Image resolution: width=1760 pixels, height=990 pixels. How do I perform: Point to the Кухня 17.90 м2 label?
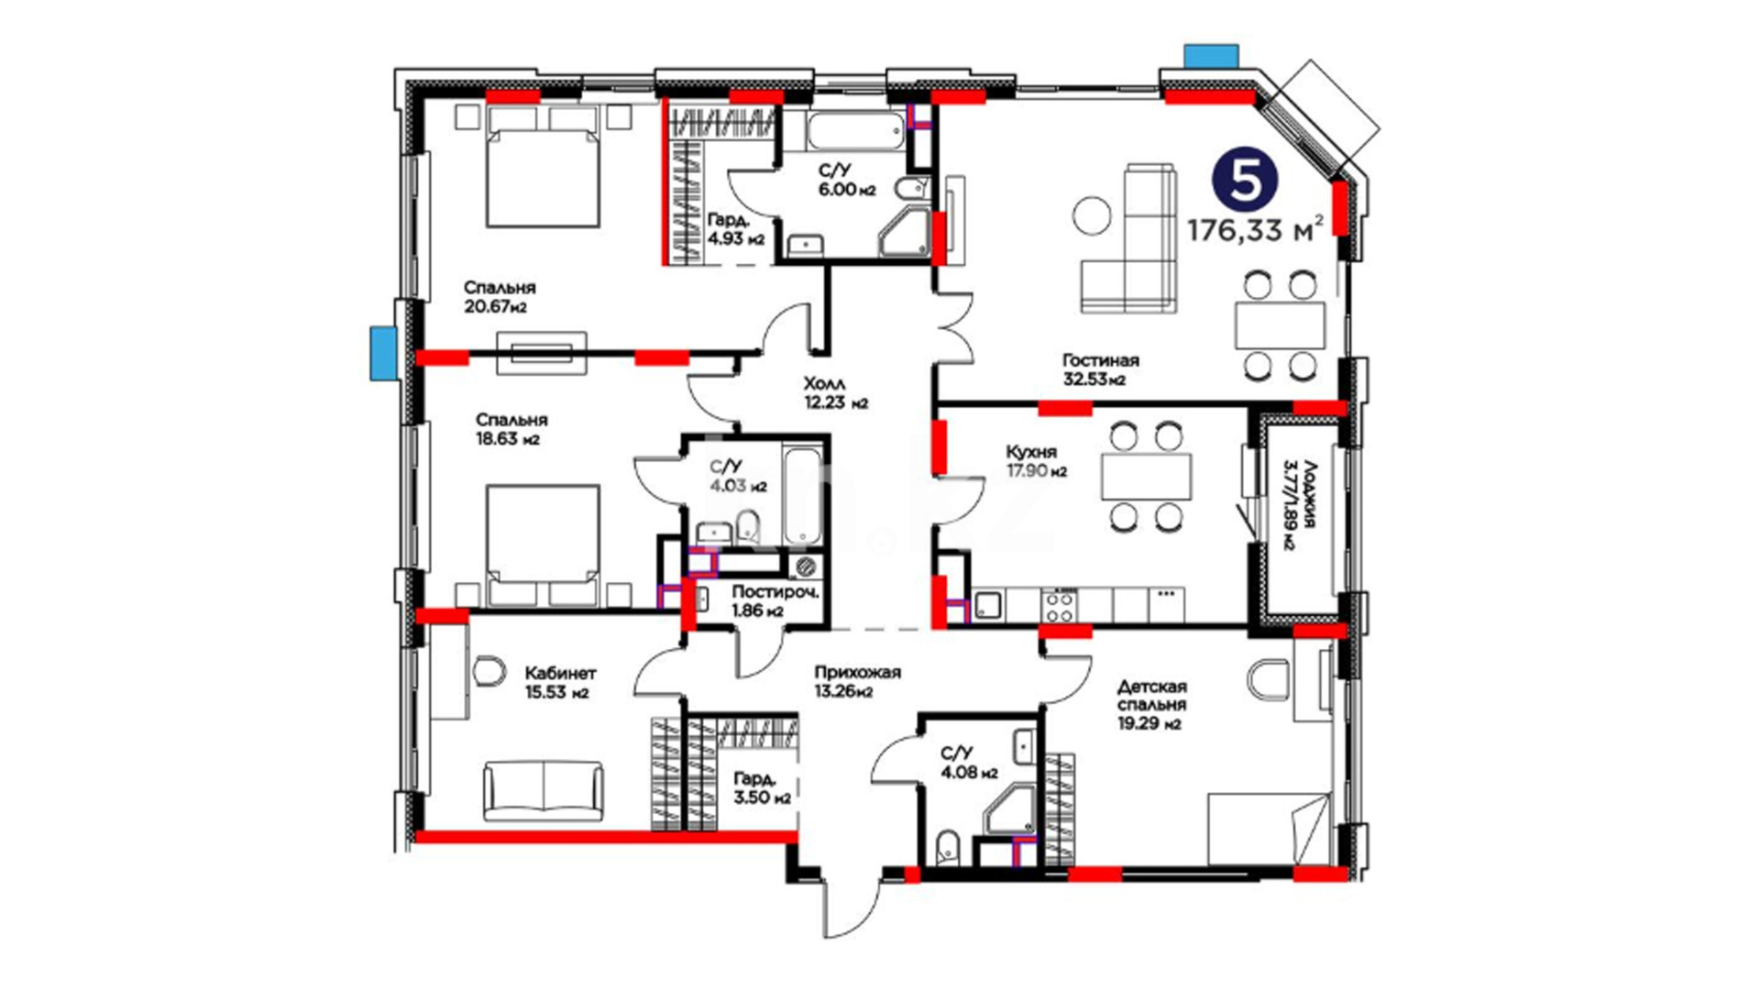click(1036, 461)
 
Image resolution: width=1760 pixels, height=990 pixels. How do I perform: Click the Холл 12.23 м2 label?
click(835, 392)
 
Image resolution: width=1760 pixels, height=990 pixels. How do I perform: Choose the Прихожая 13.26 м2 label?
click(858, 681)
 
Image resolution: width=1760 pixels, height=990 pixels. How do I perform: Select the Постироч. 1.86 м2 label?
click(775, 601)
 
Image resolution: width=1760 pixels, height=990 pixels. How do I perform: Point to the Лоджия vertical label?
click(1300, 504)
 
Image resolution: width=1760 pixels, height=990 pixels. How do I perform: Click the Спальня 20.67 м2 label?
click(500, 297)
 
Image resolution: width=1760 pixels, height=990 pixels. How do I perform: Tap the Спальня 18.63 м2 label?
click(511, 429)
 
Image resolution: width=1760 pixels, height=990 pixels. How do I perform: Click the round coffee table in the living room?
click(1092, 216)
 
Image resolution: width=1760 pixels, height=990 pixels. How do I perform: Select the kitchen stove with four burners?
click(1059, 604)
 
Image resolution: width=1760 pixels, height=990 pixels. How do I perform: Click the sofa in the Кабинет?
click(544, 789)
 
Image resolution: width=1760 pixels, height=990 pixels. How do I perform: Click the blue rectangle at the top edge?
click(1211, 56)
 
